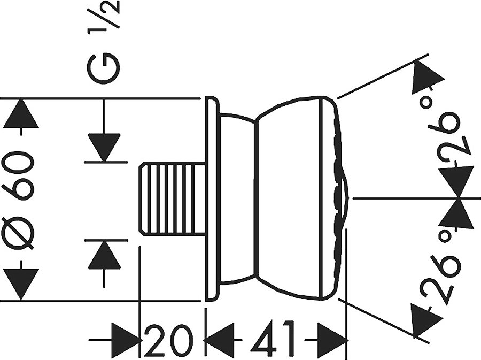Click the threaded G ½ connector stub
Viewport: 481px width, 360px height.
pyautogui.click(x=173, y=199)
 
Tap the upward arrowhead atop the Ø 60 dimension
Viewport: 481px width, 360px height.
pyautogui.click(x=21, y=113)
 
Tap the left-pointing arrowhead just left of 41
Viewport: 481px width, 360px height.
pyautogui.click(x=220, y=340)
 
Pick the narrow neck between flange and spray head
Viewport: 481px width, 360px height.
pyautogui.click(x=238, y=199)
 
